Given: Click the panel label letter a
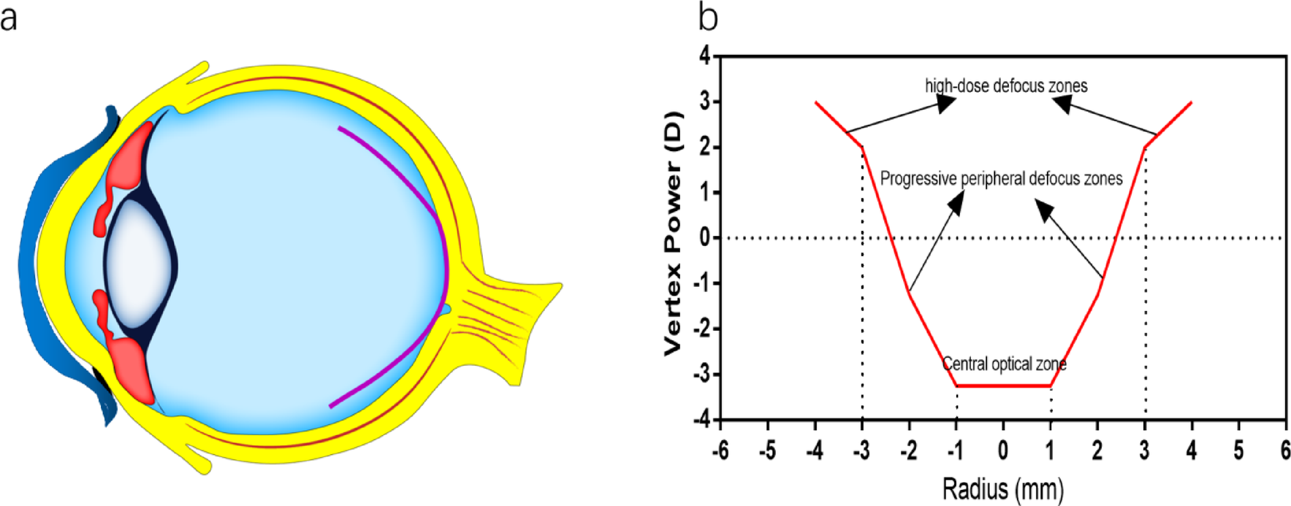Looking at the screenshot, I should [9, 18].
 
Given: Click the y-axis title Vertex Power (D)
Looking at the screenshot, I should [673, 234].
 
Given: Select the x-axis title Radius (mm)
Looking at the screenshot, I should [1002, 488].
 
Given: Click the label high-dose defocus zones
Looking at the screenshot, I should [1005, 86].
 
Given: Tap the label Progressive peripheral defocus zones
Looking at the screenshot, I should [1001, 179].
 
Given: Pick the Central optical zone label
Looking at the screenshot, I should [1004, 364].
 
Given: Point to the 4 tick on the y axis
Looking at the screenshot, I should [704, 56].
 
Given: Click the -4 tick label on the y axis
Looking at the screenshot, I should [701, 420].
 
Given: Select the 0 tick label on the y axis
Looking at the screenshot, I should [705, 238].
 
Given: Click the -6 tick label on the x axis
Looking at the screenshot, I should [720, 451].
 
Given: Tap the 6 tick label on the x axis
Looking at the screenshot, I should [1285, 451].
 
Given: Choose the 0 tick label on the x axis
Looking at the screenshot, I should [1003, 451].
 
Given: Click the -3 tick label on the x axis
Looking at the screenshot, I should [861, 451].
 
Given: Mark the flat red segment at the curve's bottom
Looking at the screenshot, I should [1003, 386].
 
